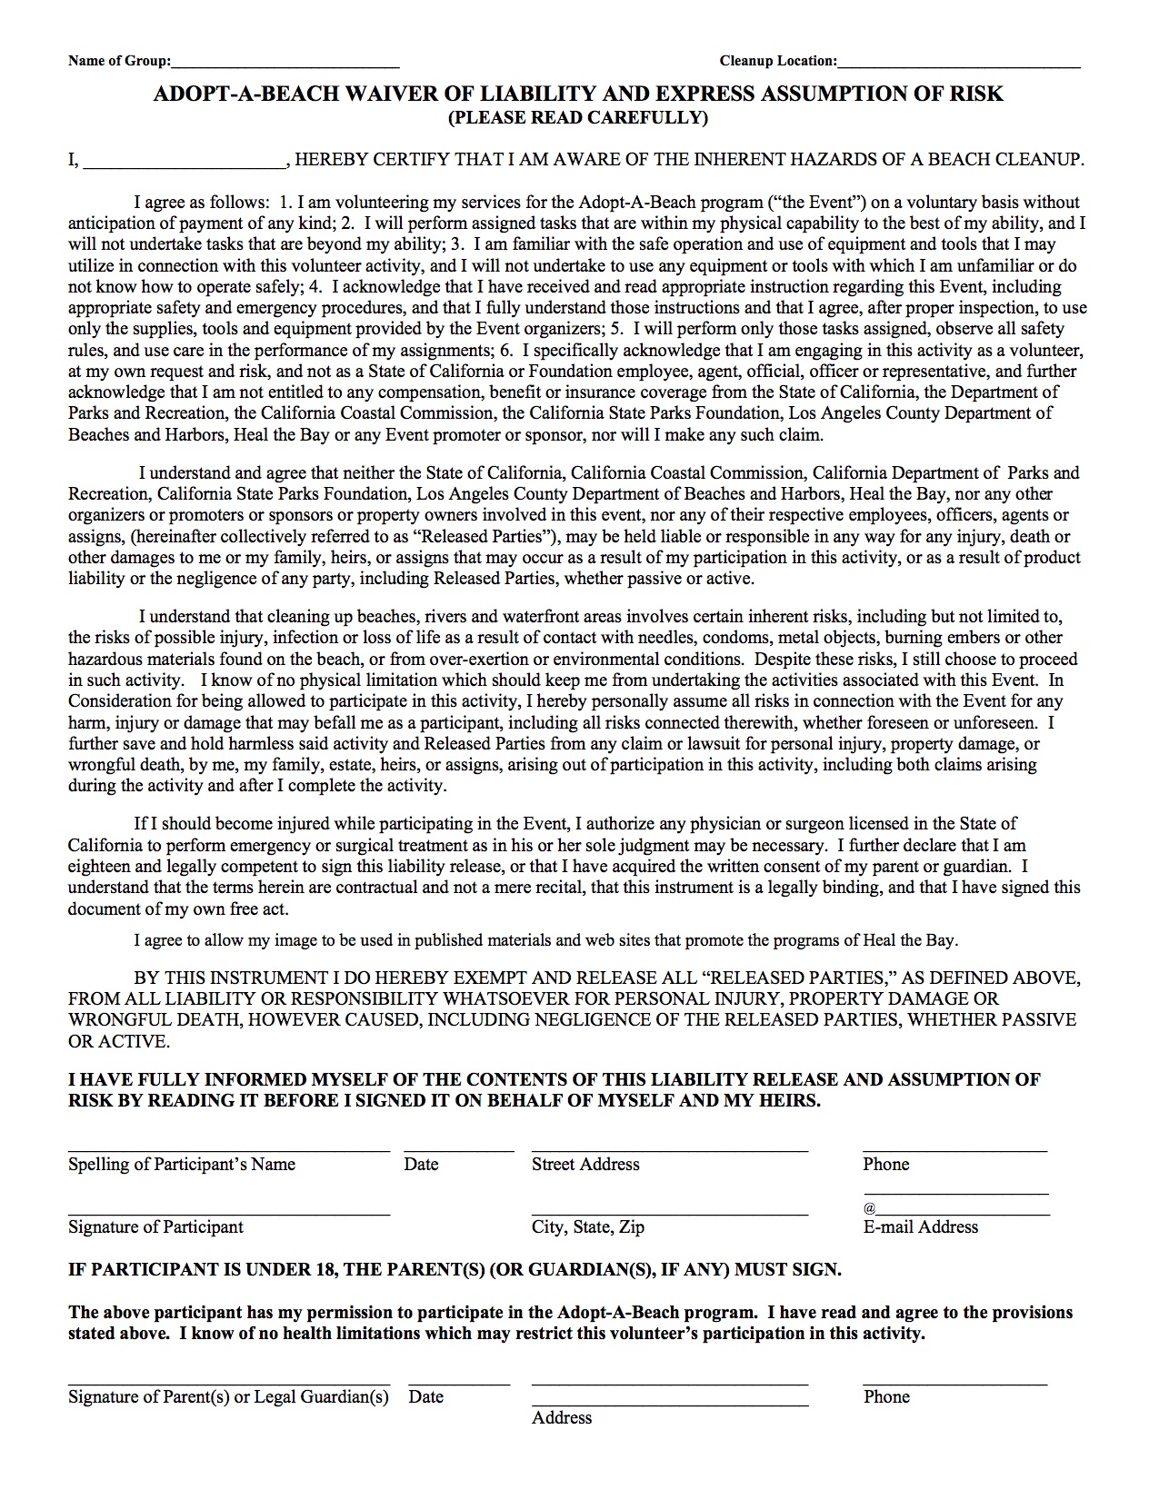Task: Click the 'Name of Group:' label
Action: [119, 61]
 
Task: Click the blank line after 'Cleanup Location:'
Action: [959, 66]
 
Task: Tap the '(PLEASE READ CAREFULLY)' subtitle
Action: [578, 117]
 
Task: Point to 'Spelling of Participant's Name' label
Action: [182, 1165]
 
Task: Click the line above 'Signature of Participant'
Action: [229, 1213]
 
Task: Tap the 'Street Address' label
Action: [585, 1165]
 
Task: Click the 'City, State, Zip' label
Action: [588, 1227]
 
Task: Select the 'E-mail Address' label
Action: [921, 1227]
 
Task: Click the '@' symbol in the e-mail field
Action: [870, 1209]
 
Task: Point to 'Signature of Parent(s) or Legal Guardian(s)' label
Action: [228, 1397]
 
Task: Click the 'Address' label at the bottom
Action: [562, 1418]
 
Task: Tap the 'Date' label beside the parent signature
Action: [426, 1397]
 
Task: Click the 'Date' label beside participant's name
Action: [422, 1165]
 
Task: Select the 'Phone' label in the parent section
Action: [886, 1397]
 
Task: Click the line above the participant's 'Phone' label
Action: [954, 1151]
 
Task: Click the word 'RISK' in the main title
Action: [974, 94]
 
